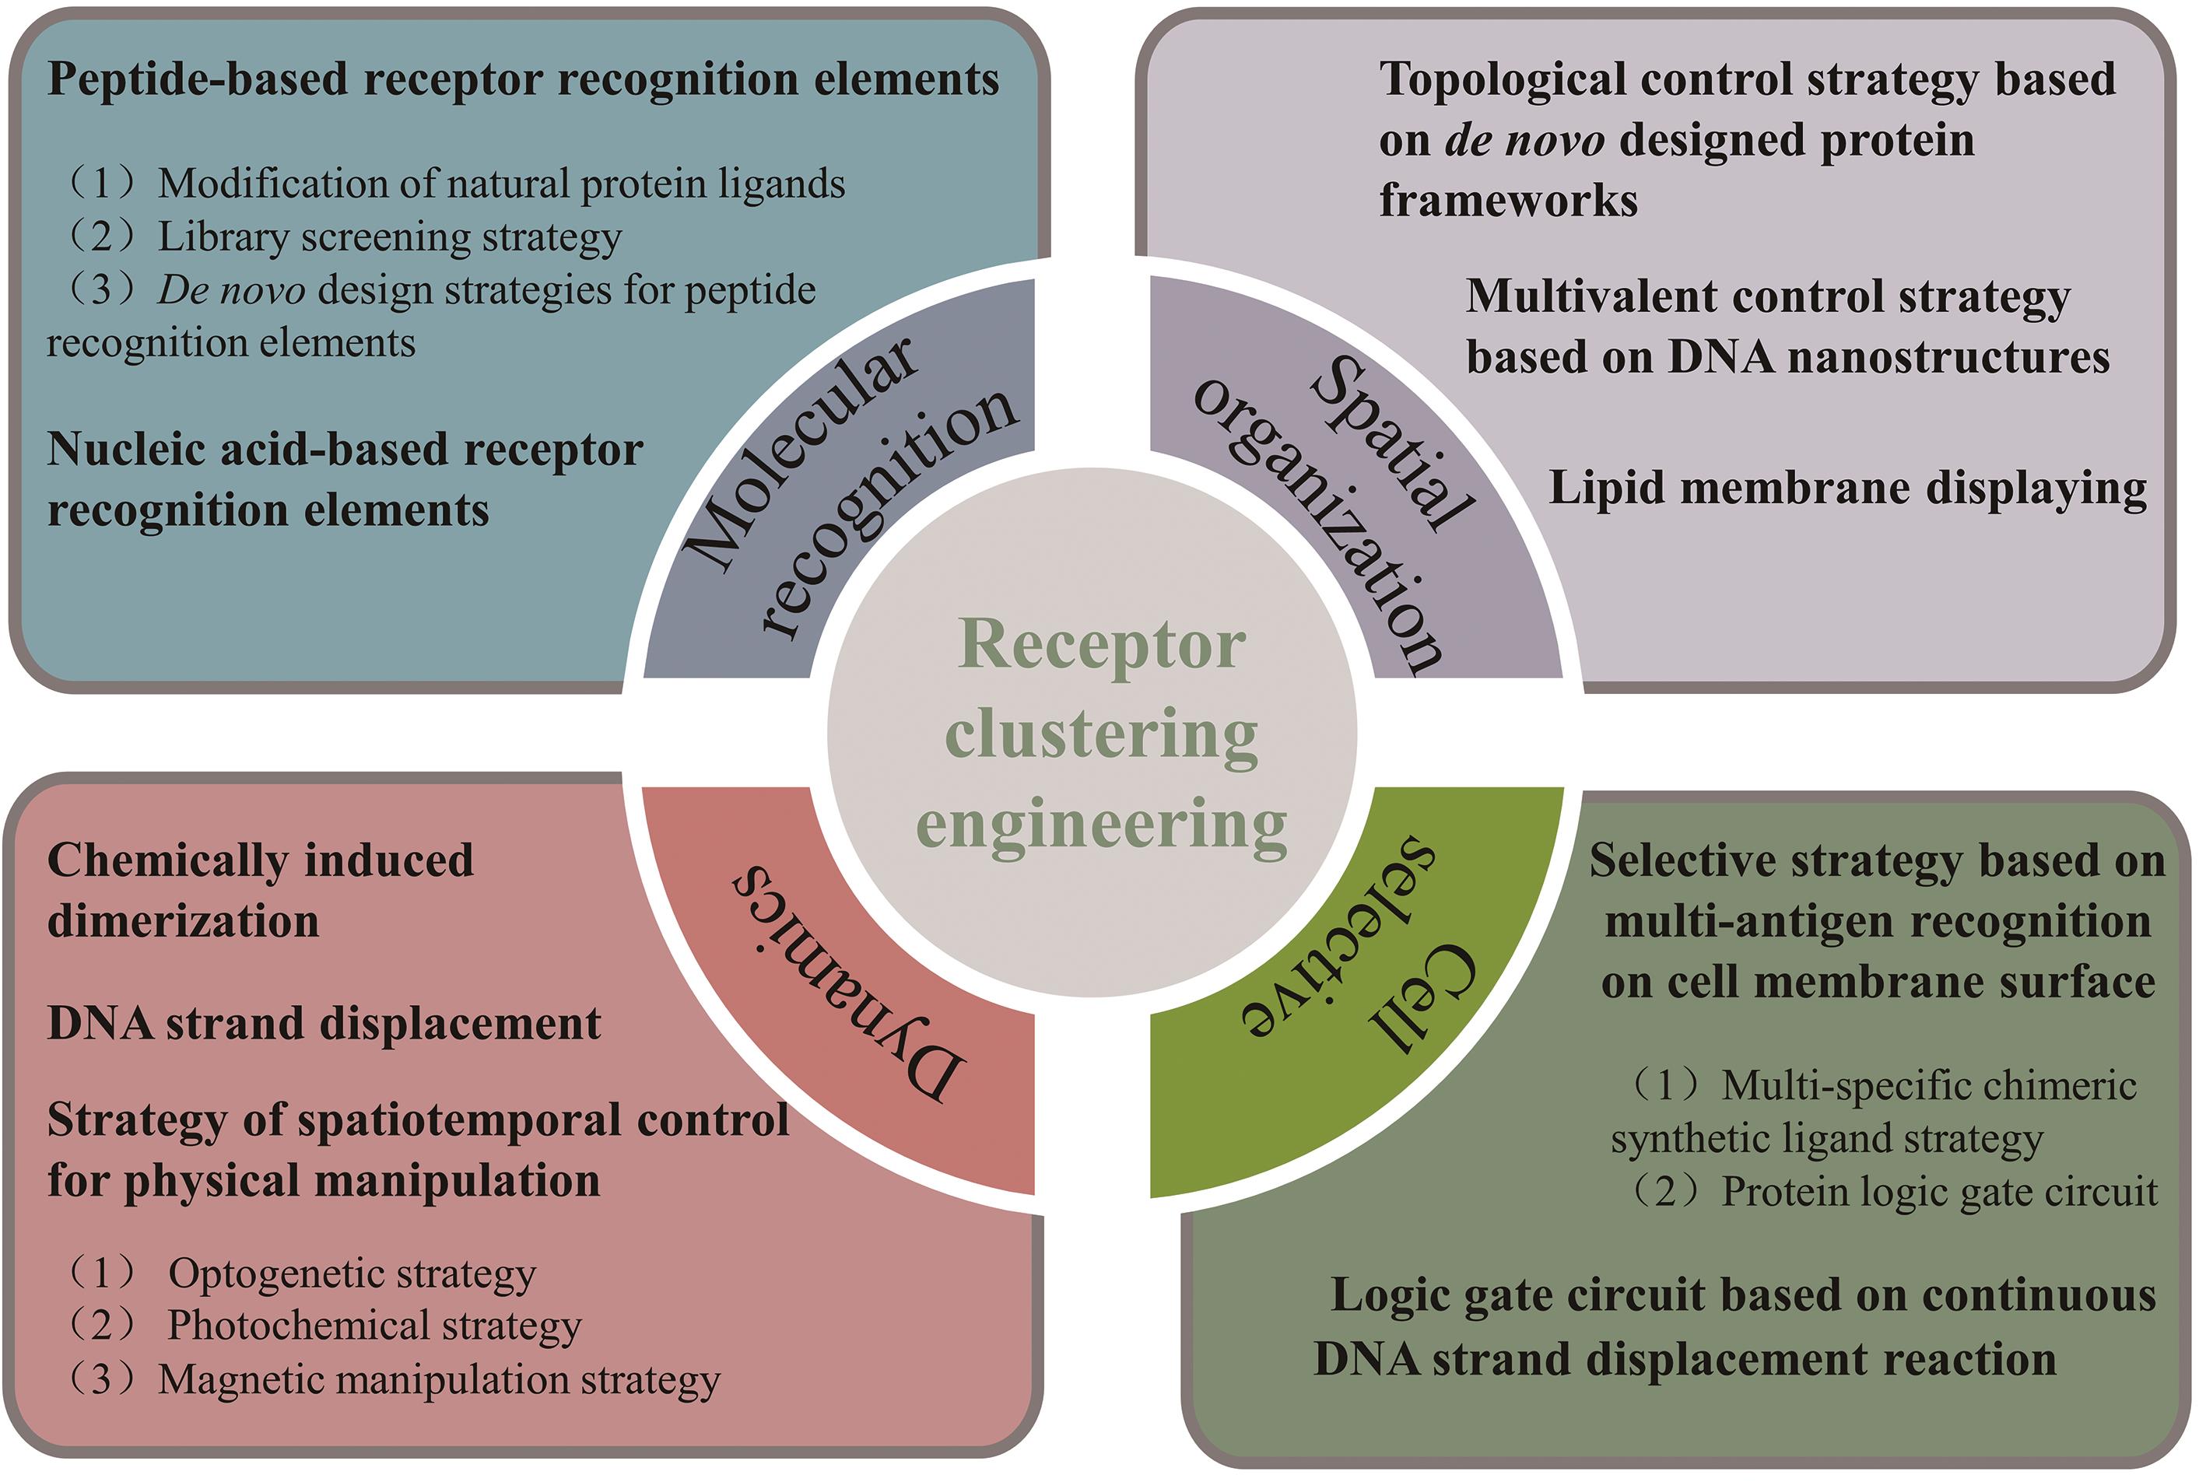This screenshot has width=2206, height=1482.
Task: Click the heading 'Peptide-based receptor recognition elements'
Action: (523, 79)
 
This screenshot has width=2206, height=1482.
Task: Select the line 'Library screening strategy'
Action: (389, 237)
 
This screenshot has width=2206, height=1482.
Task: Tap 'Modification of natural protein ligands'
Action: (501, 184)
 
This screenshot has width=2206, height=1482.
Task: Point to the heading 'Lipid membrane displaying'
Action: (1847, 489)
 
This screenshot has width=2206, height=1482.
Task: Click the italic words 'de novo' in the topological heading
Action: (1524, 141)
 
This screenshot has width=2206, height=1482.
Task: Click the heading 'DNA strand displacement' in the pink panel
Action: (324, 1024)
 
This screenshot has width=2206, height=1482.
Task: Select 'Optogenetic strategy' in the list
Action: (352, 1274)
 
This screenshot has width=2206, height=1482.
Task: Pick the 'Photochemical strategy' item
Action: (374, 1326)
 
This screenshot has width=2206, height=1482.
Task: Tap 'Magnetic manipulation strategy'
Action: (439, 1380)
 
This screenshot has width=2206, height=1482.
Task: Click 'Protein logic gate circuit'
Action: (1939, 1192)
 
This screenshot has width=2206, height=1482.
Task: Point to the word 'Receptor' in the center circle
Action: (1102, 646)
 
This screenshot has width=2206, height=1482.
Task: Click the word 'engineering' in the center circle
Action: (1102, 824)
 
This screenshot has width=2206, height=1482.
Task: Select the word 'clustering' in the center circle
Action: (1102, 735)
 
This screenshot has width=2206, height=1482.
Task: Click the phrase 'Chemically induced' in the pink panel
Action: (260, 861)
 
